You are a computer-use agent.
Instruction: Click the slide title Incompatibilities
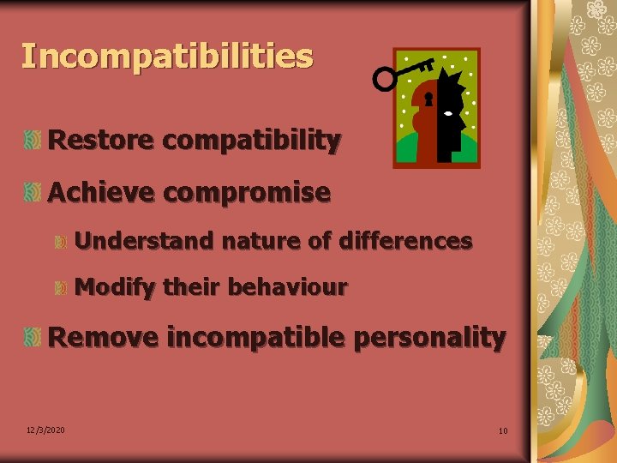point(167,57)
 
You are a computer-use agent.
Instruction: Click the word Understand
point(144,242)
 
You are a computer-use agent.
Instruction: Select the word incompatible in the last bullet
point(255,338)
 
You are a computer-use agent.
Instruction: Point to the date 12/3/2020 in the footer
point(45,430)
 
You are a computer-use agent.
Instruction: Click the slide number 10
point(503,430)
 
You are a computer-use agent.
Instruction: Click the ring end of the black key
point(385,80)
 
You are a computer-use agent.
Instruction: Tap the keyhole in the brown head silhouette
point(429,100)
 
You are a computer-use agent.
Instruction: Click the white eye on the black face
point(449,112)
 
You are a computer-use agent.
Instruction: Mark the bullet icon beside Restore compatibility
point(33,140)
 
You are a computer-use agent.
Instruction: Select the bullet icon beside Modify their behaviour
point(61,289)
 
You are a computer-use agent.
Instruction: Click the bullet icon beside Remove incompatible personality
point(33,337)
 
